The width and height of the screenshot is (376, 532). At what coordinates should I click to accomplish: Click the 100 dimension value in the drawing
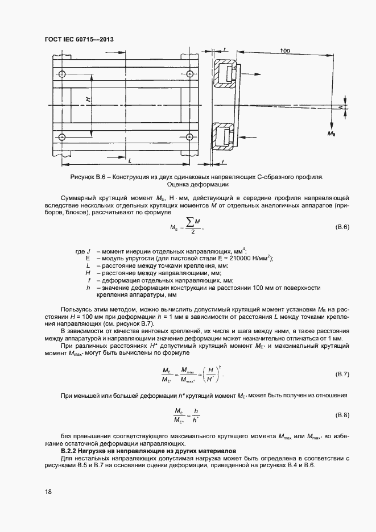click(x=285, y=51)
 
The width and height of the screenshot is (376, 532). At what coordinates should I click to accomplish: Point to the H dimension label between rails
click(x=88, y=99)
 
